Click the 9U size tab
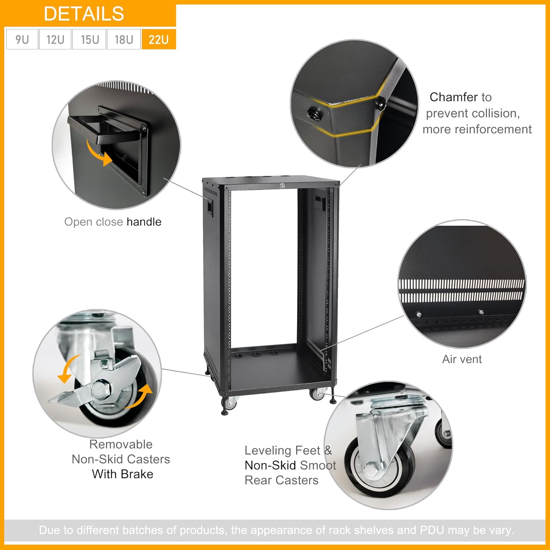pos(22,39)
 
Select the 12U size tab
pos(55,39)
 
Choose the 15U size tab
pos(90,39)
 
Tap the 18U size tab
pos(124,39)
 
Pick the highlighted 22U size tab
pos(159,39)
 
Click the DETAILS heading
pos(84,14)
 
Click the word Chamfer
pos(453,97)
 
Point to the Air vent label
pos(462,359)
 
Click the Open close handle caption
pos(113,222)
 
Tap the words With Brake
pos(122,474)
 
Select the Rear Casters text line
pos(282,480)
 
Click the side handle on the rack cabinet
pos(209,206)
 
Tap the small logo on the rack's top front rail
pos(283,186)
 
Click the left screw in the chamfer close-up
pos(313,114)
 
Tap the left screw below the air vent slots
pos(419,315)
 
